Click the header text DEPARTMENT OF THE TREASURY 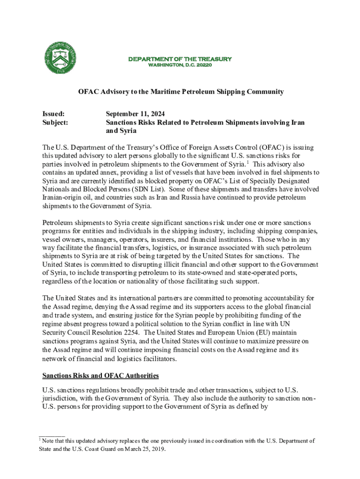tap(180, 59)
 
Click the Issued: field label tap(53, 114)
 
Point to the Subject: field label tap(55, 123)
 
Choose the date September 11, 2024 tap(135, 114)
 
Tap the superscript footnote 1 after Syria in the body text tap(247, 162)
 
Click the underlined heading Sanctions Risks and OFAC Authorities tap(101, 376)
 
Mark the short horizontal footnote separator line tap(51, 435)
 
